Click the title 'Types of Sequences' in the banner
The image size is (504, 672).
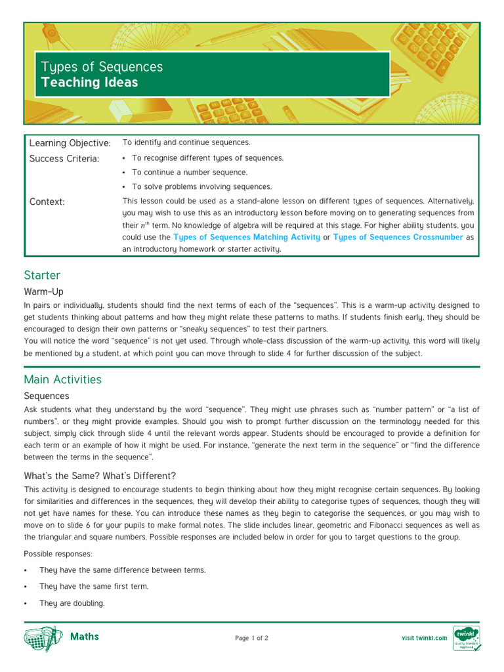[x=102, y=67]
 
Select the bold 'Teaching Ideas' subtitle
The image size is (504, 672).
[x=89, y=83]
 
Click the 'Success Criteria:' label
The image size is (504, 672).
[x=64, y=158]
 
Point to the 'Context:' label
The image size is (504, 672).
[x=47, y=201]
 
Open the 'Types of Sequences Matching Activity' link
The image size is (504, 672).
[x=247, y=238]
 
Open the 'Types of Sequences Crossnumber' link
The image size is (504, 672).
[x=398, y=238]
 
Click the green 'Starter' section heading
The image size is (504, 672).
[x=42, y=275]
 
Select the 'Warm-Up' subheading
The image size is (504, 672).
[x=44, y=291]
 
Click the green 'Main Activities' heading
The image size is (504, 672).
[x=63, y=379]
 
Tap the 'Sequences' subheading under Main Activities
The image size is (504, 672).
[x=47, y=396]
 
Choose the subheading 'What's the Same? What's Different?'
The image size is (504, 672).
[x=100, y=476]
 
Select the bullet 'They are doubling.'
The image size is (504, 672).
[x=72, y=603]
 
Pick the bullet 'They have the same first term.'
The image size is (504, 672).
[x=94, y=587]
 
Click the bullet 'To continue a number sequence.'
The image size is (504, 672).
[x=190, y=173]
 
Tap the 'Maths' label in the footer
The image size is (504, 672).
[x=85, y=637]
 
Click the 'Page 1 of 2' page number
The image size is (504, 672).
[x=251, y=638]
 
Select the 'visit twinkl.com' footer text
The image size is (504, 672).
[x=424, y=638]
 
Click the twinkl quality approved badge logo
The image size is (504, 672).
[x=467, y=638]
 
